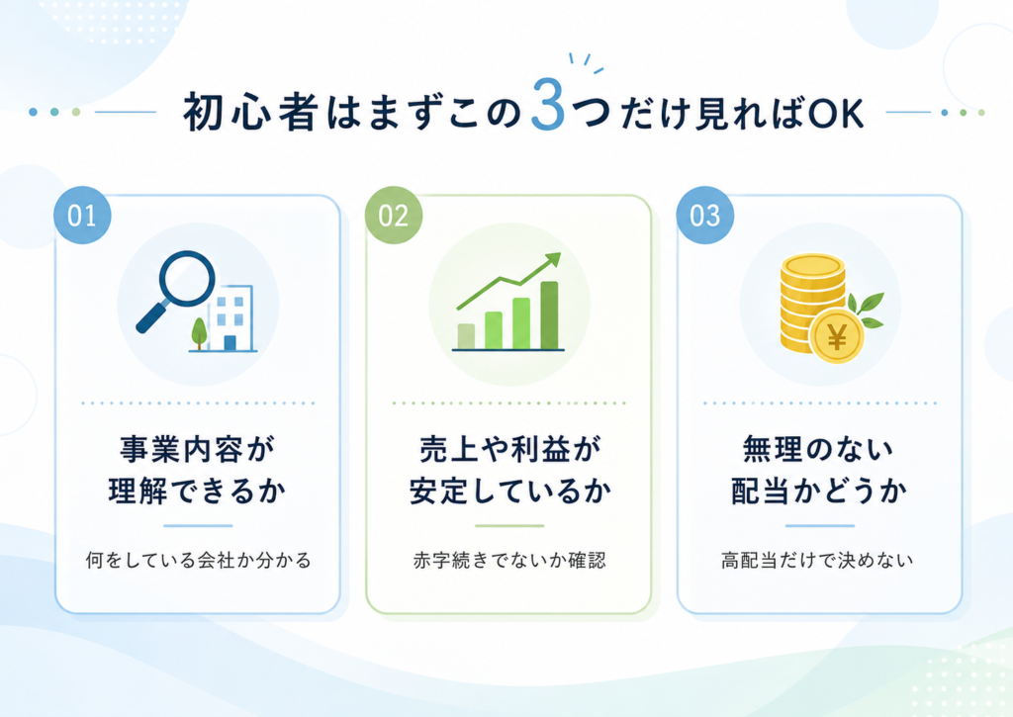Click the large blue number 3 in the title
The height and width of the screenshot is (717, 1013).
[x=548, y=105]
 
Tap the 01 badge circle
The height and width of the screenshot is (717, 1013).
[x=82, y=216]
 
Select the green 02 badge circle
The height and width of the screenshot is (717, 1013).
[x=394, y=216]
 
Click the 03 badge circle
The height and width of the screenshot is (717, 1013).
[x=704, y=216]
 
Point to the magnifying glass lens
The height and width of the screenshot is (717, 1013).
[x=187, y=279]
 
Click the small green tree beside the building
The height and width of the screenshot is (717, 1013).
[x=199, y=332]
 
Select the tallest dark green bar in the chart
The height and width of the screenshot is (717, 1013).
[x=549, y=315]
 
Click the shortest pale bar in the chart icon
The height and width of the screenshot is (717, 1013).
[x=466, y=336]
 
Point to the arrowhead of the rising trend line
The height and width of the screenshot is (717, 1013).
[x=553, y=260]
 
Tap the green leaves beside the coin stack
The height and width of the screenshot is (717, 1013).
[x=866, y=311]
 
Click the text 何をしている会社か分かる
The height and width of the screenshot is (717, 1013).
[x=198, y=560]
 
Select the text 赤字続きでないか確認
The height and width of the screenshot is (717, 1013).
[x=509, y=560]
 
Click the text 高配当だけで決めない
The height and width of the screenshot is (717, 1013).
[x=817, y=560]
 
